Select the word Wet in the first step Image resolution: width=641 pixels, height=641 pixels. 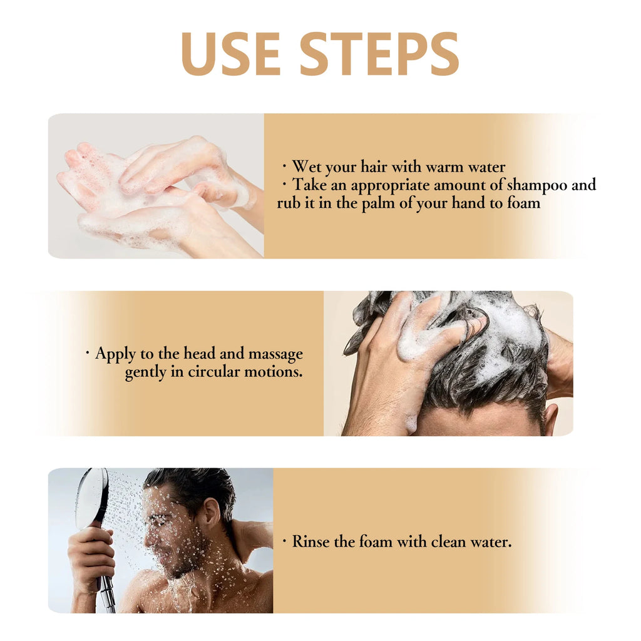click(307, 167)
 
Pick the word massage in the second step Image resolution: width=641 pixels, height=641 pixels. click(275, 354)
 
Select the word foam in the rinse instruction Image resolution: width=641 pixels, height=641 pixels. click(376, 541)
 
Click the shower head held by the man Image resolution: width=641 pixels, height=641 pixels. click(92, 498)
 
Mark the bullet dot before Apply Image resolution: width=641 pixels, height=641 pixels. click(87, 354)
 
